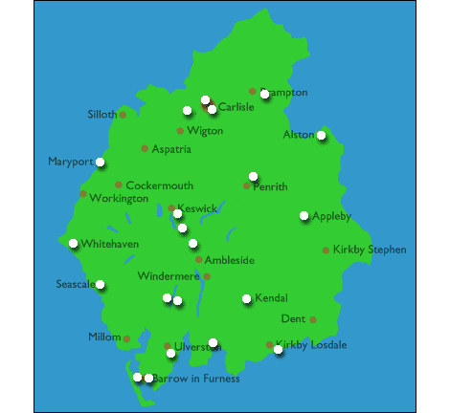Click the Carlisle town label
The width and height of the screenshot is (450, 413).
(236, 107)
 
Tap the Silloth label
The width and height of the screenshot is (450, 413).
(101, 115)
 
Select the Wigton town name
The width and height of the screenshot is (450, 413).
(205, 131)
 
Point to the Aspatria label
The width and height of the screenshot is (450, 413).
(171, 149)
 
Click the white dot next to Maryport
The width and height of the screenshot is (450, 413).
(101, 163)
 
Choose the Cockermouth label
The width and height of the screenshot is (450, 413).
(160, 185)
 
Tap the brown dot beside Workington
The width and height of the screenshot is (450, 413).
(83, 194)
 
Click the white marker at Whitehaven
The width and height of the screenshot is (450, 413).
(74, 243)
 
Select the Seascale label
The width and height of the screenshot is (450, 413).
(75, 284)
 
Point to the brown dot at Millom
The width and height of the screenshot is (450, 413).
(126, 338)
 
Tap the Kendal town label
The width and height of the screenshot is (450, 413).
(271, 299)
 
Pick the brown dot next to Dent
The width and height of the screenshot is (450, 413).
(312, 319)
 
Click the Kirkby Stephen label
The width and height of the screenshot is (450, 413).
(370, 250)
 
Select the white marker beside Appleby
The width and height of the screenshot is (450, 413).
(304, 216)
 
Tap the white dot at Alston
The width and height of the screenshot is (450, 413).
(322, 136)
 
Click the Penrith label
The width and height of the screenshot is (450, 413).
(270, 187)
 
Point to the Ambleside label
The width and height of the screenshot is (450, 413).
(231, 260)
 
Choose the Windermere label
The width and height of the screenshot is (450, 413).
(169, 276)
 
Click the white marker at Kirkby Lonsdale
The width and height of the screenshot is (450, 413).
(279, 350)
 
